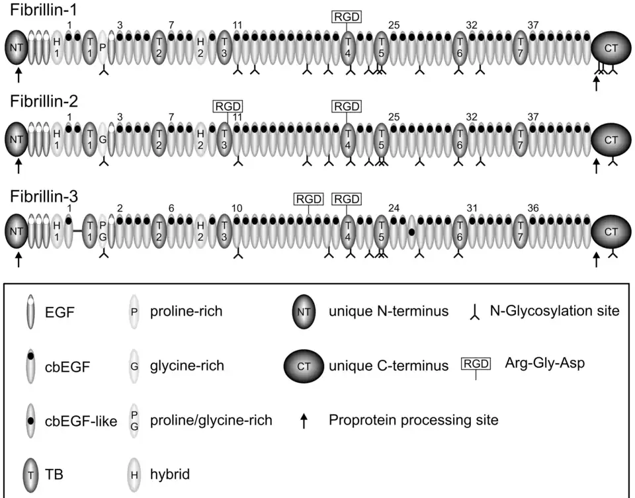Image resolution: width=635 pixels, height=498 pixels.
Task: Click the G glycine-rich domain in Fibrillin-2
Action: point(103,140)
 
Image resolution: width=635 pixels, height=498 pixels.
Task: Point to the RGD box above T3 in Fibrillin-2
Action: point(228,106)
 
